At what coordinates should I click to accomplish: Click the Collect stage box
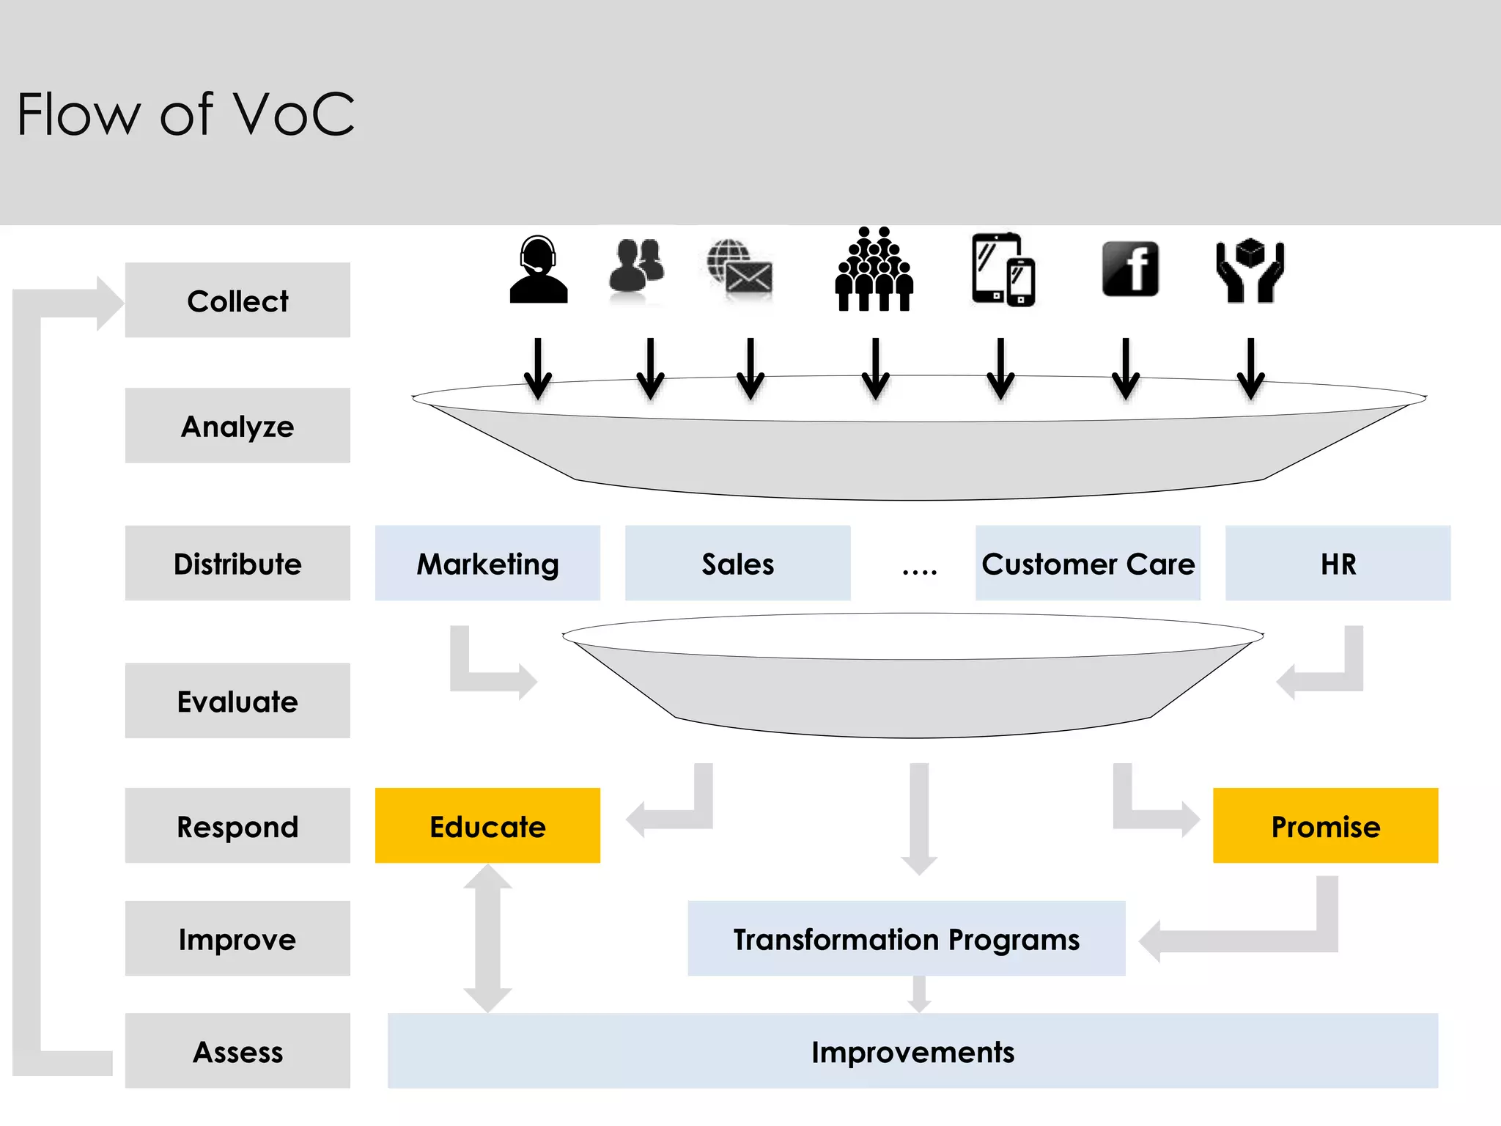pos(237,301)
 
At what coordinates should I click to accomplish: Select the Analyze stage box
pos(237,426)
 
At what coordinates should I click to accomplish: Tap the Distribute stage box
pos(237,564)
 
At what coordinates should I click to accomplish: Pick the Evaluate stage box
pos(237,702)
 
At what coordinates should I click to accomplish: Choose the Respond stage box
pos(237,826)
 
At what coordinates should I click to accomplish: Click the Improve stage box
pos(237,939)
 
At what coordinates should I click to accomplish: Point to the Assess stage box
pos(237,1051)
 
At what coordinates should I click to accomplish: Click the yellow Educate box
pos(487,826)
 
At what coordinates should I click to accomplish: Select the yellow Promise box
pos(1325,826)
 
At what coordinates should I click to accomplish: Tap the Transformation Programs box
pos(906,939)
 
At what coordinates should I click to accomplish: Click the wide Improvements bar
pos(912,1051)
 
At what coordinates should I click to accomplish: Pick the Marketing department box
pos(487,564)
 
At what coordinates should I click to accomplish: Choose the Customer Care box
pos(1088,564)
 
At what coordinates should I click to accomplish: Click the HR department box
pos(1338,564)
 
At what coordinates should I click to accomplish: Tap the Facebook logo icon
pos(1130,269)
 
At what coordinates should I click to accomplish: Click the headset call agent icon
pos(539,270)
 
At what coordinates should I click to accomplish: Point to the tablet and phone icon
pos(1003,270)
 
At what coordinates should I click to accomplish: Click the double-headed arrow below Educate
pos(487,938)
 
